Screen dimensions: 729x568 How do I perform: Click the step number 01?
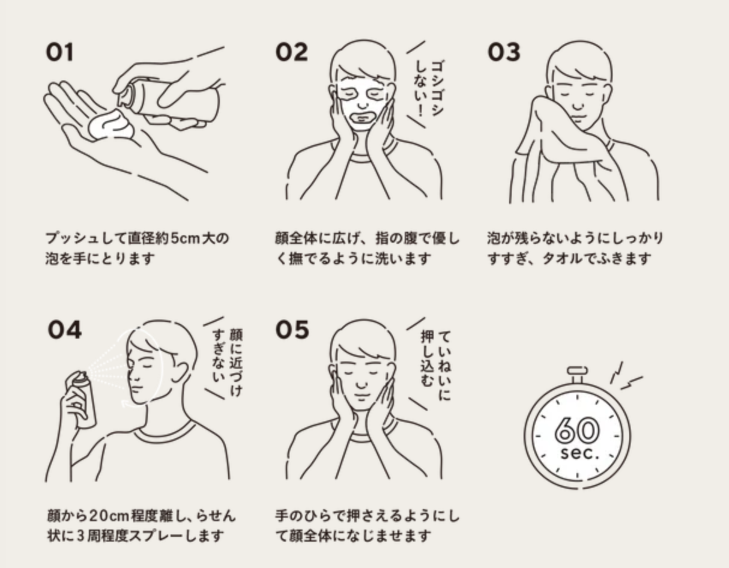point(59,53)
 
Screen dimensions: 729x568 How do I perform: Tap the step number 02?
point(291,53)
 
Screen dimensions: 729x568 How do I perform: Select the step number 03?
point(504,53)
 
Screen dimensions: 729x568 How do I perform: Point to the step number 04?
point(65,330)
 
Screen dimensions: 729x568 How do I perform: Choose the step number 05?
point(292,330)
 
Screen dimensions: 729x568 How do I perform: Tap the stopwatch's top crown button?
point(577,370)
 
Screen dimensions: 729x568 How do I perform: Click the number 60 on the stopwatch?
point(576,431)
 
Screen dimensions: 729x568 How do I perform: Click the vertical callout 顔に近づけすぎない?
point(227,361)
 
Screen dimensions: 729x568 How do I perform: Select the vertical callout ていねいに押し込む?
point(435,366)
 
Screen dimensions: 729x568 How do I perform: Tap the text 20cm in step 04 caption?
point(109,516)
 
